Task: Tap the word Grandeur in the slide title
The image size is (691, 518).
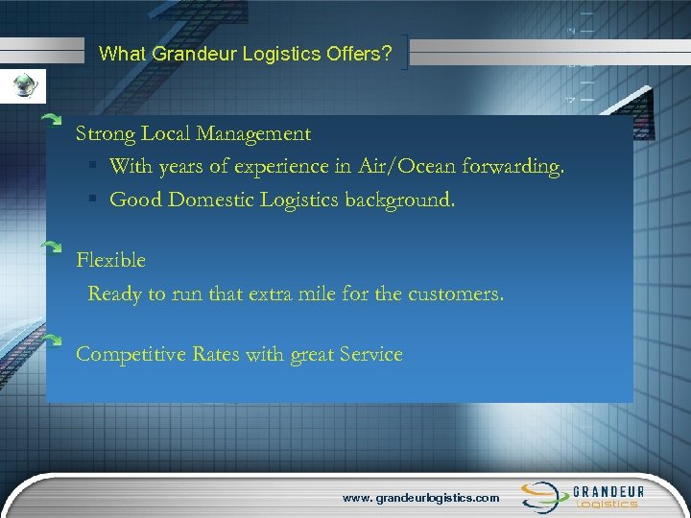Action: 184,55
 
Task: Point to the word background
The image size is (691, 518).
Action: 395,200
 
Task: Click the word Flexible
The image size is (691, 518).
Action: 110,260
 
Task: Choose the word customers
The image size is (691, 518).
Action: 455,294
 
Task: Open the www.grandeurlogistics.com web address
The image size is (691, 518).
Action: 422,498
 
